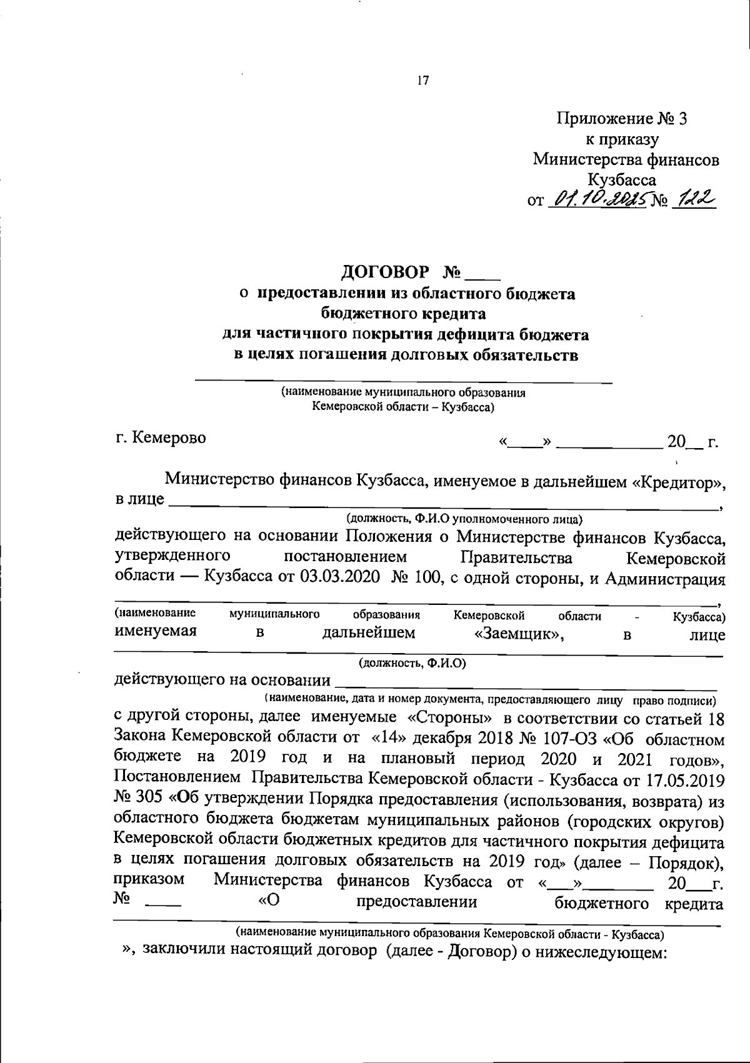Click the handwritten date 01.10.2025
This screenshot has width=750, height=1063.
pyautogui.click(x=599, y=201)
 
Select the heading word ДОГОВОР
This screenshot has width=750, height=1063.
pyautogui.click(x=386, y=272)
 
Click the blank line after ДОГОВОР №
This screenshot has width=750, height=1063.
pyautogui.click(x=483, y=276)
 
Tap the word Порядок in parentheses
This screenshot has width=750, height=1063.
pyautogui.click(x=682, y=862)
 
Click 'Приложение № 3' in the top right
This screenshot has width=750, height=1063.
pyautogui.click(x=622, y=119)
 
